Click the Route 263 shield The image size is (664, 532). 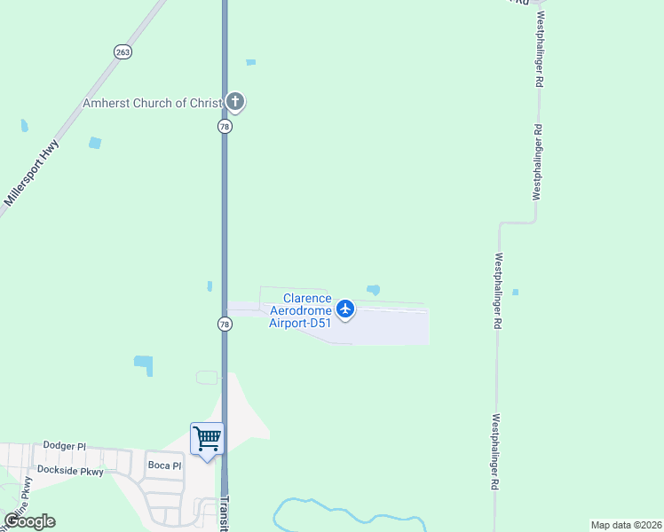click(x=123, y=52)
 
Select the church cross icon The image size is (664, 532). click(x=234, y=102)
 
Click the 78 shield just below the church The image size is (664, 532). click(x=225, y=127)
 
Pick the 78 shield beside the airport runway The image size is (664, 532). click(x=225, y=325)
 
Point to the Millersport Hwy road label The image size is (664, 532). click(x=31, y=174)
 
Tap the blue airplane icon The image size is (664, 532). click(x=345, y=309)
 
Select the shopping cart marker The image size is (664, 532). click(x=207, y=438)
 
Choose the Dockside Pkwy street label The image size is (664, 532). click(x=70, y=472)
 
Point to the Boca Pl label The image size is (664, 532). click(x=164, y=465)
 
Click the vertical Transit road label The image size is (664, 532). click(x=224, y=512)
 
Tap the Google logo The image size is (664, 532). click(x=30, y=521)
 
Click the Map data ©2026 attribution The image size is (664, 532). click(x=626, y=525)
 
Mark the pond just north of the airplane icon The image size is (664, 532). click(x=374, y=289)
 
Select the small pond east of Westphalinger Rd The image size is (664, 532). click(x=515, y=292)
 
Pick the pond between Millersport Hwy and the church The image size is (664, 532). click(x=95, y=143)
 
